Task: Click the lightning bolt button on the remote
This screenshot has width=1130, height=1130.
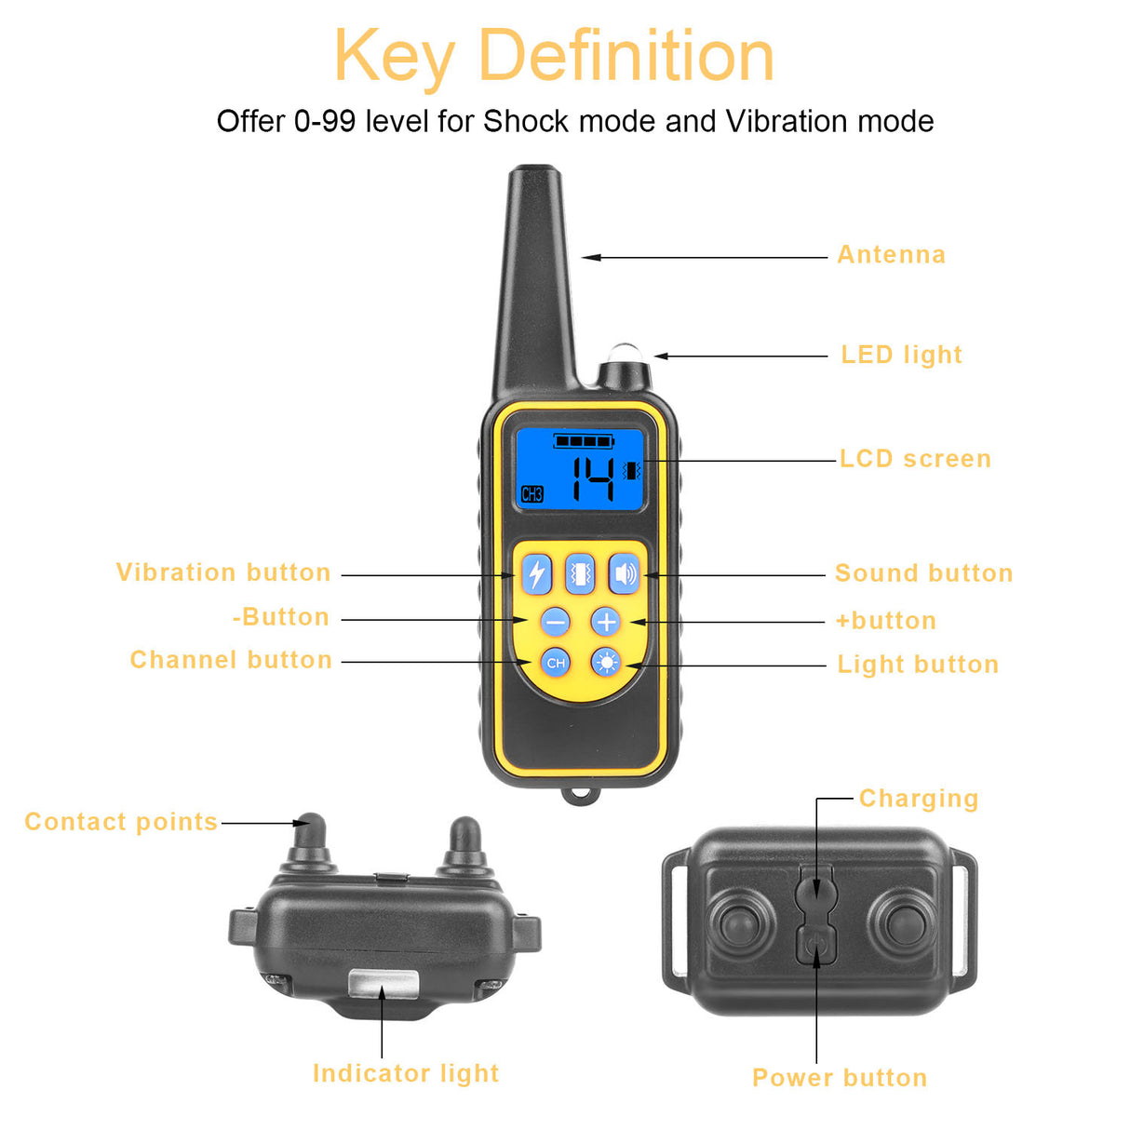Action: [x=536, y=574]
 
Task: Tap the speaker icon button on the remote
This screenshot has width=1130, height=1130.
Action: [x=625, y=574]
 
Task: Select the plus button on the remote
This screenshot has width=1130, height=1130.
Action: [x=606, y=621]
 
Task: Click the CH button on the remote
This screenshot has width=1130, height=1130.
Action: [x=556, y=663]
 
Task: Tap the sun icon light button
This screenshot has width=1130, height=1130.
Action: [x=607, y=663]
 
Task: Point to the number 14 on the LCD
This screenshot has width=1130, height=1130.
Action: [x=592, y=478]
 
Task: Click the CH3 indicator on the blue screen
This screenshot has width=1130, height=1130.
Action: [x=531, y=494]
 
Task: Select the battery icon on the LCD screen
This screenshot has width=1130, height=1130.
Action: [x=583, y=440]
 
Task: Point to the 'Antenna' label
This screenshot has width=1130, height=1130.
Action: [x=891, y=255]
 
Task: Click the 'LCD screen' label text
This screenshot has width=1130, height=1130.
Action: [x=915, y=459]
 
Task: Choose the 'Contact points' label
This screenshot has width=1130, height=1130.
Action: [x=121, y=822]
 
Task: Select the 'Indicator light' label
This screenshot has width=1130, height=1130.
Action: [x=406, y=1073]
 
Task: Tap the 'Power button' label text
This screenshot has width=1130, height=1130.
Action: [x=840, y=1078]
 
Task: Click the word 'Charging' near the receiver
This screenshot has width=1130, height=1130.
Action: [x=918, y=799]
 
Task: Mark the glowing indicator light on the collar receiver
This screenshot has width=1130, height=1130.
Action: [x=383, y=984]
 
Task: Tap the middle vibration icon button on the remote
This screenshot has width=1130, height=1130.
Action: [x=581, y=574]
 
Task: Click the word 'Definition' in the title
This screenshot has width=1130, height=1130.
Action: [x=626, y=56]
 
